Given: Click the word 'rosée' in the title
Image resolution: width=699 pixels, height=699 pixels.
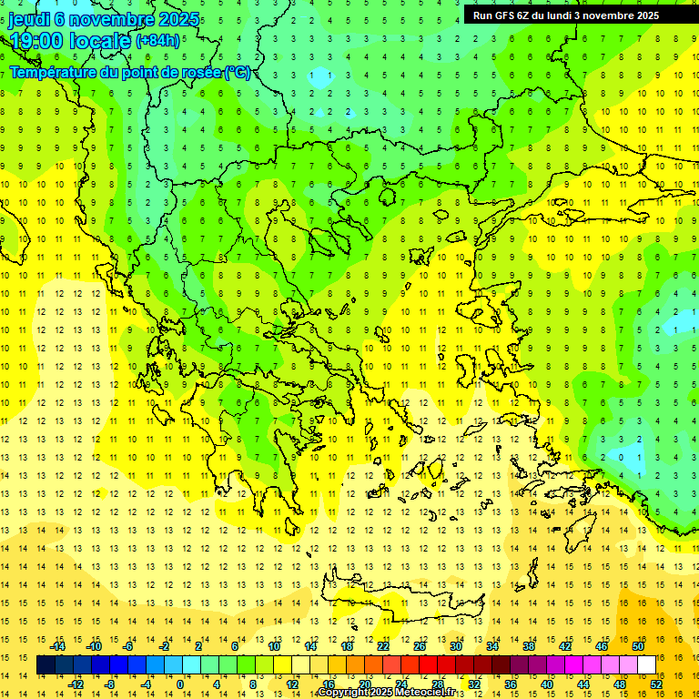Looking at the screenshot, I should click(199, 72).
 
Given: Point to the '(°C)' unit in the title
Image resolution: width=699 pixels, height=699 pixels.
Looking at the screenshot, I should click(238, 72).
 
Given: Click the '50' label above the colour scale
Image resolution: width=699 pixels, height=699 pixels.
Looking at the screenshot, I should click(637, 646).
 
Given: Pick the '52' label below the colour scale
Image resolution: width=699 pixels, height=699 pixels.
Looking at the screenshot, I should click(656, 684).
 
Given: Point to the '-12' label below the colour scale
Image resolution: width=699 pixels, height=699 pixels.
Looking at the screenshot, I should click(76, 684).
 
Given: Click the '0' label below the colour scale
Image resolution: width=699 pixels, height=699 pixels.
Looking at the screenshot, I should click(179, 684).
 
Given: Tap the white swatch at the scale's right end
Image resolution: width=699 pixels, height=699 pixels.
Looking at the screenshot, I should click(647, 665).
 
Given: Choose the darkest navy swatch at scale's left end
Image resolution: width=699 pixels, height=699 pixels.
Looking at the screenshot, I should click(46, 665).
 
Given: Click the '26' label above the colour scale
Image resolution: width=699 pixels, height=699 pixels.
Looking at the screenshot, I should click(419, 646).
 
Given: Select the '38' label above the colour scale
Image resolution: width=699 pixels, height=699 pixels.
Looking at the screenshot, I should click(528, 646).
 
